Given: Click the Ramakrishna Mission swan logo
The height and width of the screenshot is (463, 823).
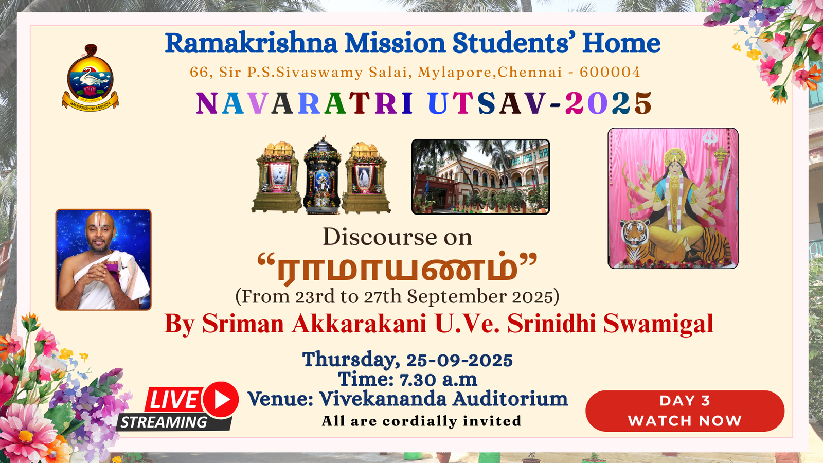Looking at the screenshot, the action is pyautogui.click(x=90, y=77).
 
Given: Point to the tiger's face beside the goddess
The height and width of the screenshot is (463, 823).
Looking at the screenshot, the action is pyautogui.click(x=635, y=232).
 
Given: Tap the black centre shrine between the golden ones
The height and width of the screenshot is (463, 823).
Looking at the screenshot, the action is pyautogui.click(x=322, y=175).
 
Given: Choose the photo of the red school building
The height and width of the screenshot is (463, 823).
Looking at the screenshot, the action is pyautogui.click(x=480, y=177).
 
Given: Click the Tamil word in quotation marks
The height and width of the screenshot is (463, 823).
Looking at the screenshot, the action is pyautogui.click(x=397, y=268).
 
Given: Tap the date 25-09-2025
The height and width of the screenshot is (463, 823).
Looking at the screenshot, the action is pyautogui.click(x=460, y=360).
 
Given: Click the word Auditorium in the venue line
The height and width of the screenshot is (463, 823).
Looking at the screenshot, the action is pyautogui.click(x=510, y=399).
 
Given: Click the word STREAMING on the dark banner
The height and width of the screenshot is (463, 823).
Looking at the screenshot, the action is pyautogui.click(x=164, y=422).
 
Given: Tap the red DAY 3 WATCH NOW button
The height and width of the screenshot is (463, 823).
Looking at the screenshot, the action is pyautogui.click(x=685, y=411).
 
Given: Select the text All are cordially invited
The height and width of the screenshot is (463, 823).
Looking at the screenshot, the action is pyautogui.click(x=421, y=421).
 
